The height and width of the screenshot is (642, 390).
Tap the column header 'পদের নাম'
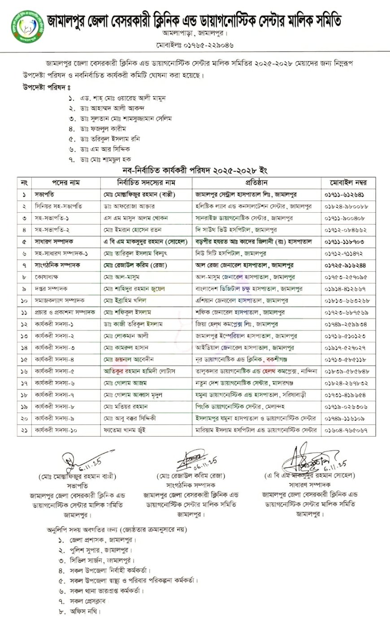pyautogui.click(x=65, y=183)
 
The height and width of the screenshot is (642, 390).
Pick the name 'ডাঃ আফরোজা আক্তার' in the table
pyautogui.click(x=129, y=206)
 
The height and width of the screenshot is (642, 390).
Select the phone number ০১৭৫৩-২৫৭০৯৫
pyautogui.click(x=346, y=277)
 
